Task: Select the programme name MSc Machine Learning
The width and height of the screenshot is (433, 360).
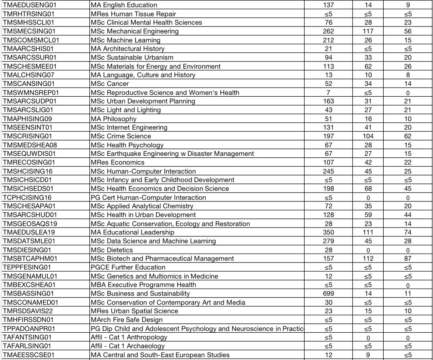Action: (x=125, y=40)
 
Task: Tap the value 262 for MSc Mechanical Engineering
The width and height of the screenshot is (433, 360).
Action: (x=328, y=31)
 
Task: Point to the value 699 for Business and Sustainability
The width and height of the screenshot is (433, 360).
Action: (x=328, y=293)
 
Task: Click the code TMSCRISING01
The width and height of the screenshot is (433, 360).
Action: (x=27, y=136)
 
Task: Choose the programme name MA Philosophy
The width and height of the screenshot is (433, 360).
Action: (x=113, y=119)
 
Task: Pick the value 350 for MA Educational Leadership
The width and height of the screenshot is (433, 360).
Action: (x=328, y=232)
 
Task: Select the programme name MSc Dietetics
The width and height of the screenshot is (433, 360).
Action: (x=112, y=250)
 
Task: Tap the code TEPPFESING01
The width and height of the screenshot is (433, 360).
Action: (x=27, y=267)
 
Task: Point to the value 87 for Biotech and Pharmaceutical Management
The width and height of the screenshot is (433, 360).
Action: (x=408, y=258)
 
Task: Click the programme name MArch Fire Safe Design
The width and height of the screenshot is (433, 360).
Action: (x=127, y=320)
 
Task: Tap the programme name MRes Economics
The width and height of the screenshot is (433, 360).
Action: (x=117, y=163)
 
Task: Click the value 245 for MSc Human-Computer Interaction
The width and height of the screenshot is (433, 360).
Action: (x=328, y=171)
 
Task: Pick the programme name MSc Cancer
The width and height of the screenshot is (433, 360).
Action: (x=110, y=84)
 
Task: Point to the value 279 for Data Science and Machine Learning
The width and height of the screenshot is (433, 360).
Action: (x=328, y=241)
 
